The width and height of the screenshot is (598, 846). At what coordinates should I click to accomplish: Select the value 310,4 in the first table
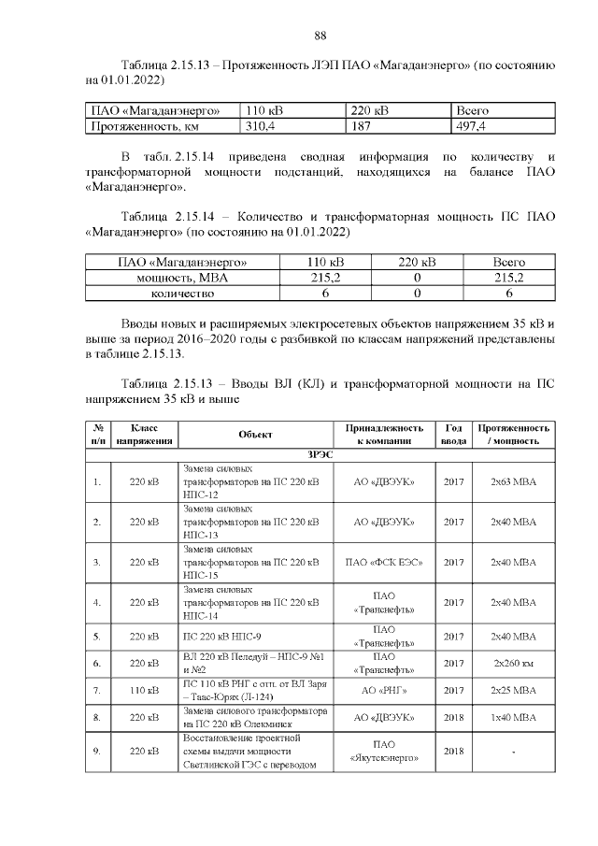click(261, 124)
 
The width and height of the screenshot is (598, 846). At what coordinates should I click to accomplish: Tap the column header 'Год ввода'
click(453, 435)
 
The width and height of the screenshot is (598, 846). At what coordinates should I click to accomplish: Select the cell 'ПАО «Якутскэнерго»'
click(385, 752)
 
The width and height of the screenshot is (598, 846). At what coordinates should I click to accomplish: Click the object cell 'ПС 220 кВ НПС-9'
click(224, 637)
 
